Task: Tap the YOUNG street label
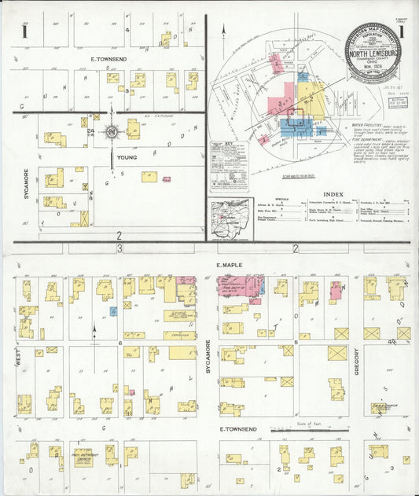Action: pos(127,157)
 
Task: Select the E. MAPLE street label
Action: pos(231,266)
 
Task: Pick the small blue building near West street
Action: pos(113,311)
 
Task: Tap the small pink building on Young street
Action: pos(167,179)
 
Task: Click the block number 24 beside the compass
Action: pos(91,130)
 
